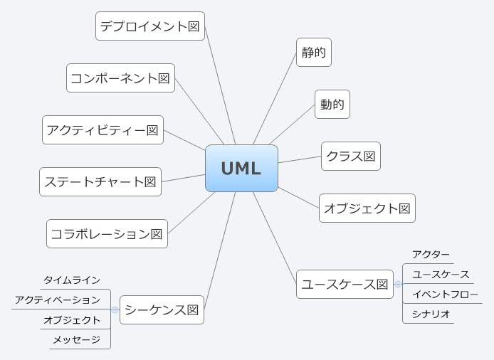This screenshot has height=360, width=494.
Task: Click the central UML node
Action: tap(241, 169)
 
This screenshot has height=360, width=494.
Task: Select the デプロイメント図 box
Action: tap(150, 26)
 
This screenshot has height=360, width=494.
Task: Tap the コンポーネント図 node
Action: tap(121, 78)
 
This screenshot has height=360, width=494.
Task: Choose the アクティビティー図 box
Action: tap(103, 130)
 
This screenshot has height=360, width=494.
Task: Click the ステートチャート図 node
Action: tap(100, 181)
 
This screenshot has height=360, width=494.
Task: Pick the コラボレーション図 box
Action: tap(107, 233)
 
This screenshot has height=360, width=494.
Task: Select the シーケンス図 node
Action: tap(162, 309)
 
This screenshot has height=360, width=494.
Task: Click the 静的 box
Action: tap(314, 52)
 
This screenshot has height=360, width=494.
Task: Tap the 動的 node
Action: tap(332, 105)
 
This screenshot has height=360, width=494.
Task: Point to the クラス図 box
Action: tap(351, 156)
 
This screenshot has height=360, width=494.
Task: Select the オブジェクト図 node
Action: tap(367, 208)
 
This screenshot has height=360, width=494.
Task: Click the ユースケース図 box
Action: tap(345, 284)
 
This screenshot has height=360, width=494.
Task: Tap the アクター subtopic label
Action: tap(431, 255)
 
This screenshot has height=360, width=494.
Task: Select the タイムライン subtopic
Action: tap(72, 280)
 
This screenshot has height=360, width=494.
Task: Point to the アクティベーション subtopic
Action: tap(58, 300)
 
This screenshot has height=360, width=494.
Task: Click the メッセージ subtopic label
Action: tap(75, 340)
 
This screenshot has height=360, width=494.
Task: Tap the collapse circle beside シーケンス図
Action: tap(115, 310)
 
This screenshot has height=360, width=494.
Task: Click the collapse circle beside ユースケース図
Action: tap(398, 284)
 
